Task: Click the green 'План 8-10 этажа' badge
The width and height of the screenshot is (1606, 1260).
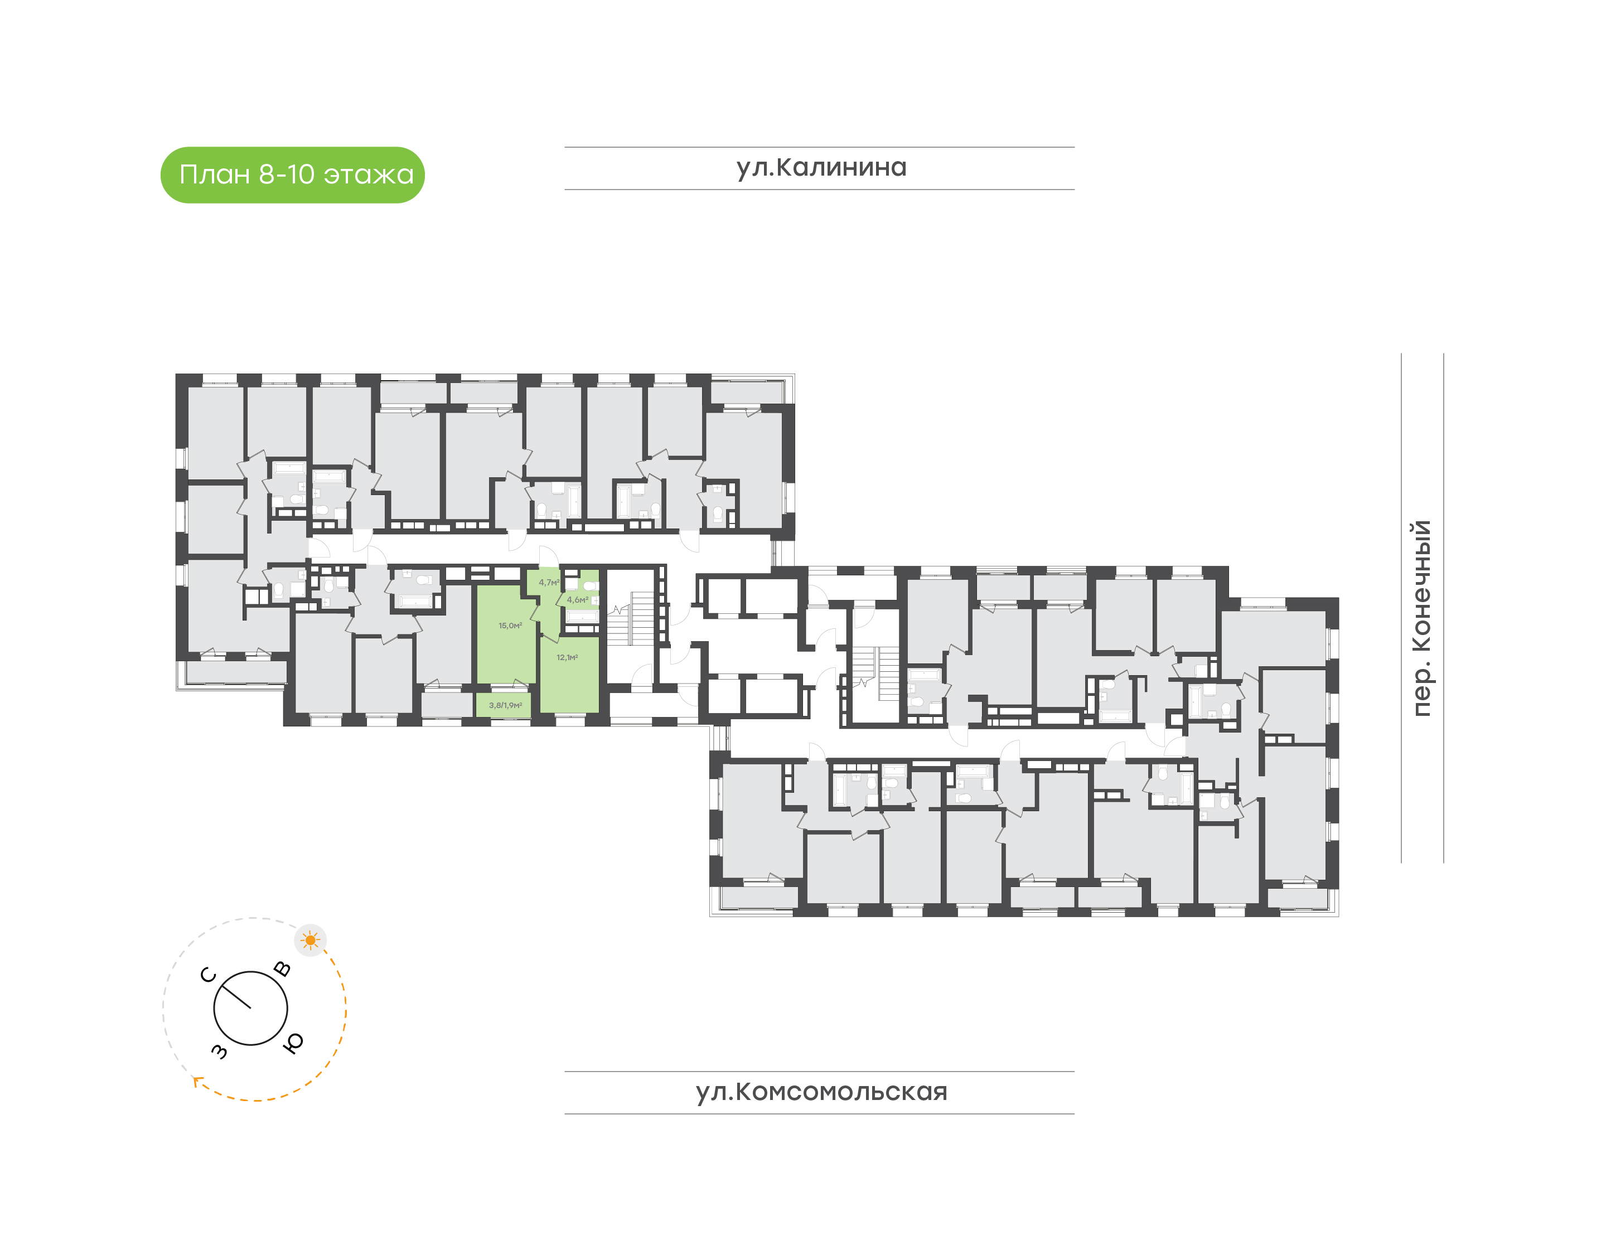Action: click(x=292, y=175)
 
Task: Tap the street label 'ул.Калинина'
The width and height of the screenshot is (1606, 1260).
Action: click(x=821, y=167)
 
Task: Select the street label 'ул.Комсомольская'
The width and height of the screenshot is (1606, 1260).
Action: click(x=821, y=1092)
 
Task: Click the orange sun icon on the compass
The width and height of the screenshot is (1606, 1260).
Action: click(x=310, y=940)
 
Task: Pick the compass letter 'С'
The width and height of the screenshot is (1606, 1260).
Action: click(x=209, y=975)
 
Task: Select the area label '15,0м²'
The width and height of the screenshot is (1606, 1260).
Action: click(x=510, y=626)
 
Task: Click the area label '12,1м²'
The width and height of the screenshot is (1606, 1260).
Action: click(x=567, y=657)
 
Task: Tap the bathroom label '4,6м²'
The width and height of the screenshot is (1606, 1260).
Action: click(x=577, y=600)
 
